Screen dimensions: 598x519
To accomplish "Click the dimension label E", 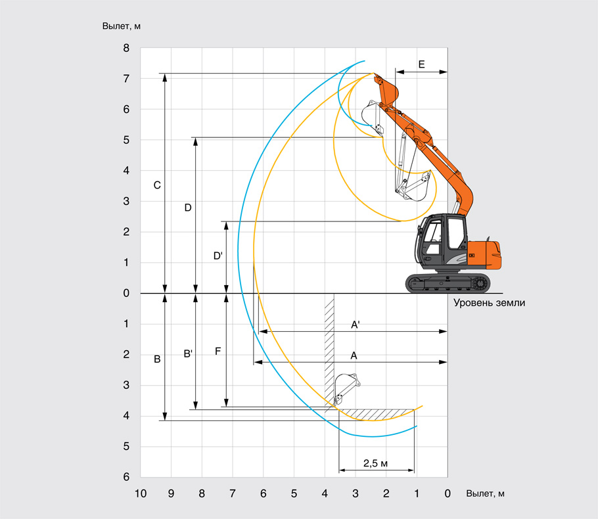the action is [x=421, y=64].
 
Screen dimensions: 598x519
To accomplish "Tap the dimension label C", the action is [x=157, y=185].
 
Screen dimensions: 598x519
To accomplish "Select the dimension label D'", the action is [x=218, y=256].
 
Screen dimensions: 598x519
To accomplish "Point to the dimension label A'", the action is [x=355, y=325].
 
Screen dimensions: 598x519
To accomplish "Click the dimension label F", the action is [x=218, y=351].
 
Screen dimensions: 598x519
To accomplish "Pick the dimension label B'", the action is [x=188, y=354].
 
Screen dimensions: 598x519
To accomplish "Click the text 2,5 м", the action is [x=375, y=463].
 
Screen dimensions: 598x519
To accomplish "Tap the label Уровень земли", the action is [x=490, y=303].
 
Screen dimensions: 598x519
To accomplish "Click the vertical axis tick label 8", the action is [x=126, y=48].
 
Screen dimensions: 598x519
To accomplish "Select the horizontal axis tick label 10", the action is [x=141, y=494].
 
